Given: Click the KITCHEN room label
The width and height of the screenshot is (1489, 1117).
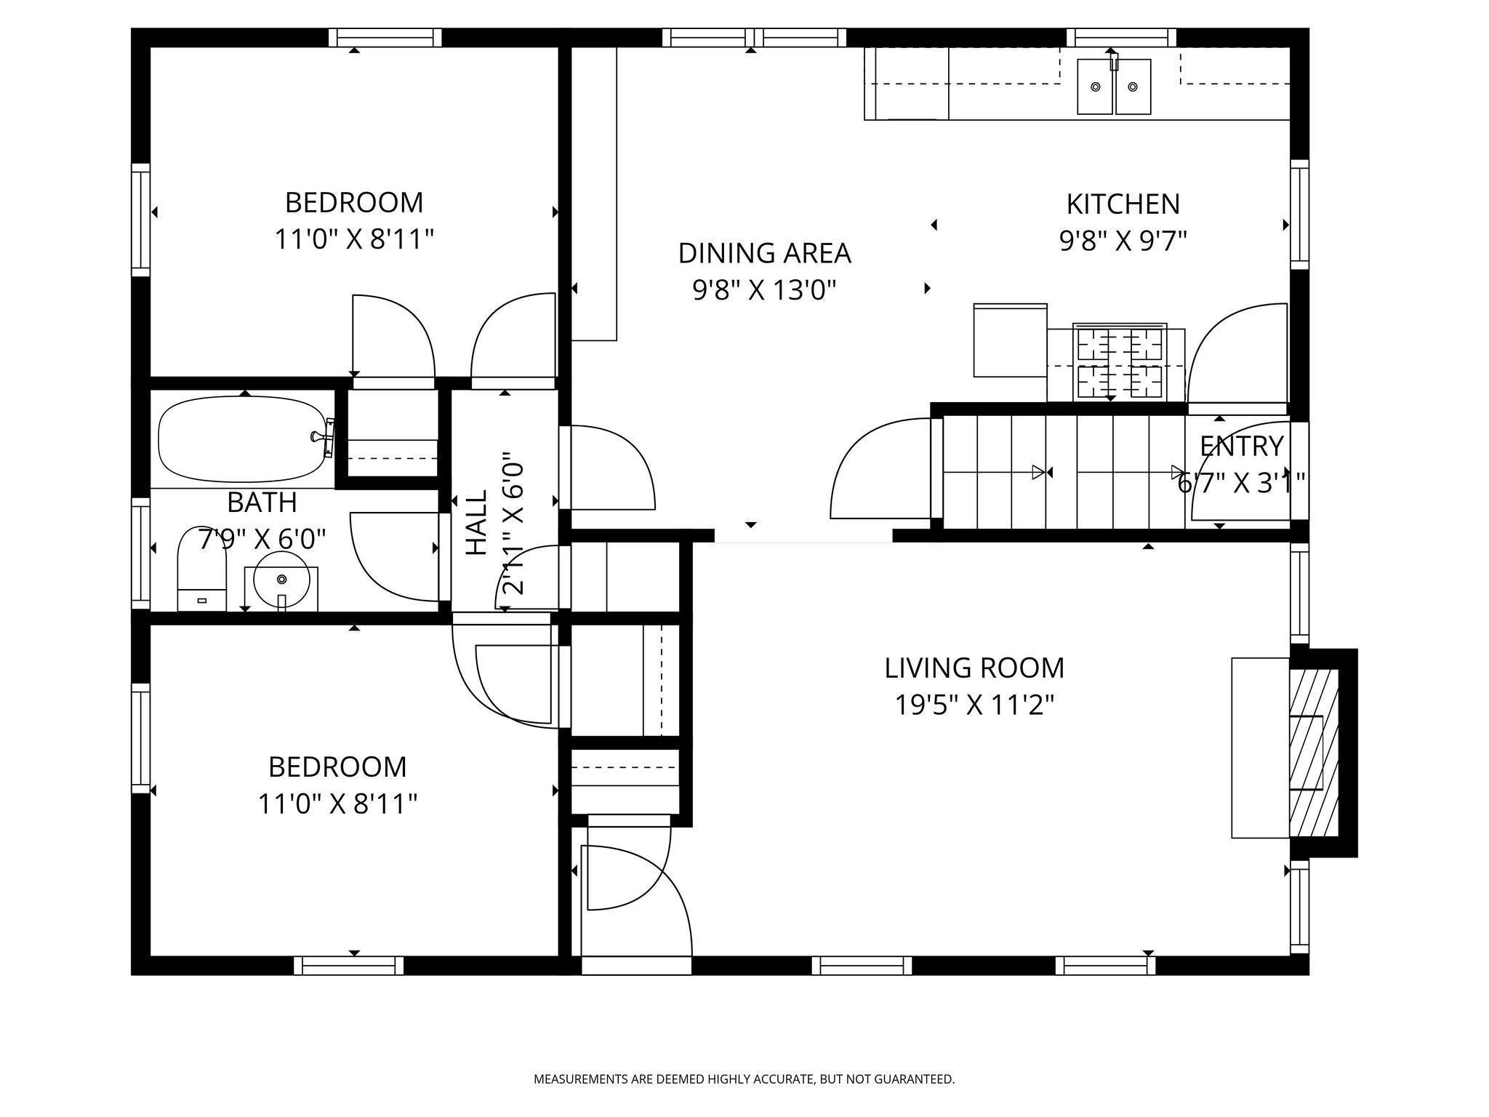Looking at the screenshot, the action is [1123, 204].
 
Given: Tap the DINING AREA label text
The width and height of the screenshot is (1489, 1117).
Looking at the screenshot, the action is [764, 253].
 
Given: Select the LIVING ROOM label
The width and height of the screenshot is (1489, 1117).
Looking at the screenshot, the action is [974, 668].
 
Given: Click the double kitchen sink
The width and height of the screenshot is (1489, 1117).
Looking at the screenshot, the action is [1114, 87].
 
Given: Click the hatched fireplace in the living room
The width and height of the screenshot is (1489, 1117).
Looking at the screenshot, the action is [1314, 753].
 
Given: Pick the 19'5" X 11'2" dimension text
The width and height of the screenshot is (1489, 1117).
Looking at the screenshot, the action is [974, 705].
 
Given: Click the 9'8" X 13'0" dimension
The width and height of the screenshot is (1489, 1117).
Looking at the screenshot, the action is [764, 290].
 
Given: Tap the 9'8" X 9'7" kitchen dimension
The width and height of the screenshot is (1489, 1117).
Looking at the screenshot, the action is [1123, 241].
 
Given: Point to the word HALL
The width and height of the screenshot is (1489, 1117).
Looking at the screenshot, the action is [476, 522].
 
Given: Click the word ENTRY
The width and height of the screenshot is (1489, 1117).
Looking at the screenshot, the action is [1241, 446].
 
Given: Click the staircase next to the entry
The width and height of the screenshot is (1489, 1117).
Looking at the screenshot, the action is [1064, 472].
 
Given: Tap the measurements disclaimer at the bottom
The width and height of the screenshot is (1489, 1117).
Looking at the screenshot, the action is [744, 1079].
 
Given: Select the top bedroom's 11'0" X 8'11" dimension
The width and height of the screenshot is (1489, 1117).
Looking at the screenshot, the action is [354, 239].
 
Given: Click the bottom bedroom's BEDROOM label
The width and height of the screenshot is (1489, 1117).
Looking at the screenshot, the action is [337, 767].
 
